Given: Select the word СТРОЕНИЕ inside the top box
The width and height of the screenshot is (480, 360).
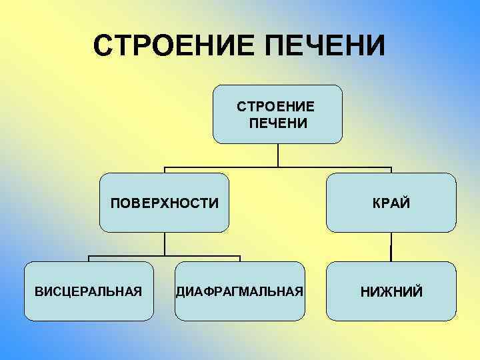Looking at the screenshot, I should click(x=277, y=107).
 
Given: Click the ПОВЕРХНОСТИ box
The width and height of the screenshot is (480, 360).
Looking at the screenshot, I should click(x=165, y=202).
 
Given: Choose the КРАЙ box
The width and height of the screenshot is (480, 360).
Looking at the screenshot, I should click(x=391, y=202).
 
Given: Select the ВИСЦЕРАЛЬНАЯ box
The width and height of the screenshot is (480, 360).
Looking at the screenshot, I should click(x=89, y=291).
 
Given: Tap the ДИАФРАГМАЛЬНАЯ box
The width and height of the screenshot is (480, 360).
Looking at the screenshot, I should click(x=240, y=291).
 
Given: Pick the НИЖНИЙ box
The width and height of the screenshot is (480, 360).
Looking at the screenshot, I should click(x=391, y=291).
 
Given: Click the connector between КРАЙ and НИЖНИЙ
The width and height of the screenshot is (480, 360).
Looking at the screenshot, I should click(x=391, y=247).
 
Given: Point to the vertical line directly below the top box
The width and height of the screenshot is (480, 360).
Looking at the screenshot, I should click(x=278, y=155).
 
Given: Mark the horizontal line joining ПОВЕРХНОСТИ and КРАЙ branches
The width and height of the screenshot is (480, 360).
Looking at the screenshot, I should click(x=278, y=167).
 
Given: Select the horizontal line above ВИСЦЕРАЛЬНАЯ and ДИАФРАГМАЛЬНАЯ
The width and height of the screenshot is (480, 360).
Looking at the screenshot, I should click(x=165, y=256).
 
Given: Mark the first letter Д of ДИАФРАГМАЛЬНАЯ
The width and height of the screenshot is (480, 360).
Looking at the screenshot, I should click(x=180, y=291).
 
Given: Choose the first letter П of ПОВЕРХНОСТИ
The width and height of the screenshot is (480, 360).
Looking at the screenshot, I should click(x=115, y=202).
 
